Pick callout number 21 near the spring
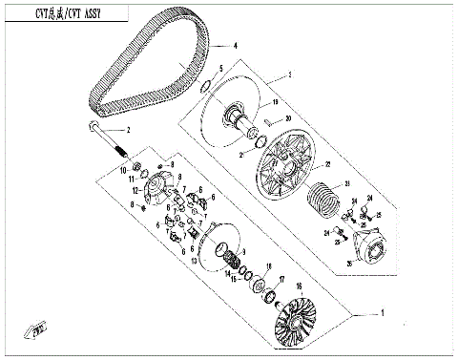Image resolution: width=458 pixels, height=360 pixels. pos(348,183)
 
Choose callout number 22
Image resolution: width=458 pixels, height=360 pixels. pos(326,164)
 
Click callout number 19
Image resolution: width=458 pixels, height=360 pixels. pos(275,101)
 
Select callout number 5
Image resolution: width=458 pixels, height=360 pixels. pos(221,68)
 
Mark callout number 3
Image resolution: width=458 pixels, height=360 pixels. pos(291,72)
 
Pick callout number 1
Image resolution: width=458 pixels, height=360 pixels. pos(385,313)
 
